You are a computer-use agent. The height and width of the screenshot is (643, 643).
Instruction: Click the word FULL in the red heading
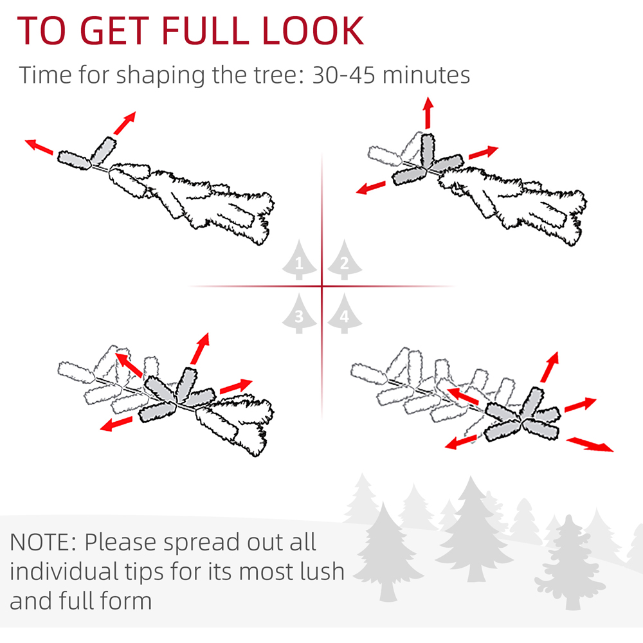pos(206,30)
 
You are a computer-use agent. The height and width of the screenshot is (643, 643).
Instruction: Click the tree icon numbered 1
pos(300,260)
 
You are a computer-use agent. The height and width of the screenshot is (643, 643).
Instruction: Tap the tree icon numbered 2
pos(345,260)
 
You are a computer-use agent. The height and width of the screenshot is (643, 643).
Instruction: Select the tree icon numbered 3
pos(300,314)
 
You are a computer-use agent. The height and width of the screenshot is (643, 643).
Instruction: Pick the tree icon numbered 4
pos(345,314)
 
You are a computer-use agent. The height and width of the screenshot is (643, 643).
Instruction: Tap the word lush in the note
pos(322,571)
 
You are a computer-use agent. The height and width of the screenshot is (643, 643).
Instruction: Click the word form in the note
pos(126,601)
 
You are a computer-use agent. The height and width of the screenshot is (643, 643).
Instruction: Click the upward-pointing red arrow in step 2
pos(428,113)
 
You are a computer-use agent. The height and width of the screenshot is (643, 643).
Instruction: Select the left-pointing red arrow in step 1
pos(39,147)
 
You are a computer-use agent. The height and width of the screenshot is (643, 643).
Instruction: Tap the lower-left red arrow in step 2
pos(371,188)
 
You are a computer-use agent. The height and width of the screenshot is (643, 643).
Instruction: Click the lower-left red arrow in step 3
pos(116,424)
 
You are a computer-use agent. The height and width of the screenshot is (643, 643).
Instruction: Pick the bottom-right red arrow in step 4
pos(590,444)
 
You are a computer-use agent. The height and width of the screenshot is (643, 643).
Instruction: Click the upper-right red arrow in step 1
pos(125,123)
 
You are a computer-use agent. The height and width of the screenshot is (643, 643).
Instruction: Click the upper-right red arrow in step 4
pos(550,367)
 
